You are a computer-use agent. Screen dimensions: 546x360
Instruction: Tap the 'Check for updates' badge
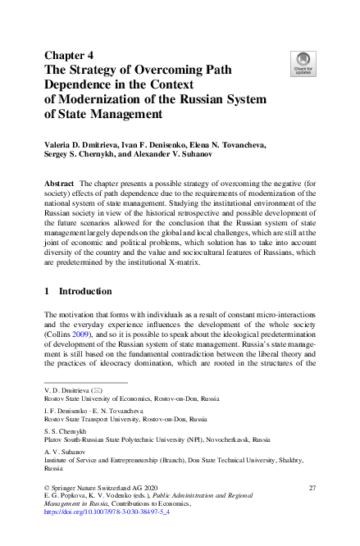coord(302,63)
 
